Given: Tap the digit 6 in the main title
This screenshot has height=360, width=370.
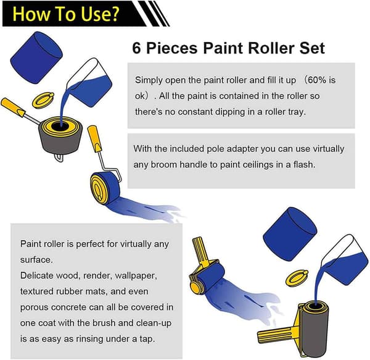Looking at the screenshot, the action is tap(136, 48).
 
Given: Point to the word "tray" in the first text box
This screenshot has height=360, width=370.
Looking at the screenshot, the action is tap(297, 112).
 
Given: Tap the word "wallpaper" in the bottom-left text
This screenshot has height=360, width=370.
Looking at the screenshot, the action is tap(136, 275).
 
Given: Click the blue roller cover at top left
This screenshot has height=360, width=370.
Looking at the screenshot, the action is tap(36, 57).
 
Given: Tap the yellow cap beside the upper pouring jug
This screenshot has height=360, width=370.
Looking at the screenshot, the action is tap(43, 100).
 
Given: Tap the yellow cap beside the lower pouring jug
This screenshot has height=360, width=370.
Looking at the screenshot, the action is tap(297, 277).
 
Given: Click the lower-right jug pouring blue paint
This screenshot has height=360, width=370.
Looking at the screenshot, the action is tap(345, 261).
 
